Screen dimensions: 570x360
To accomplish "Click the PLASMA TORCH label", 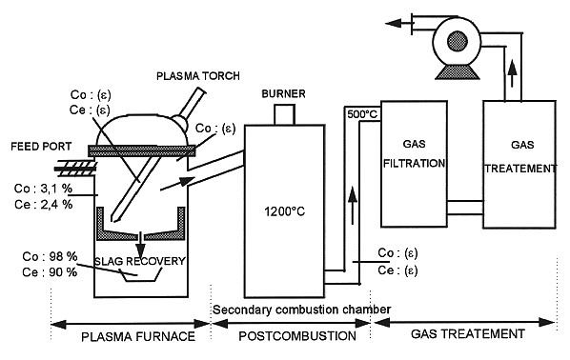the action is [198, 76].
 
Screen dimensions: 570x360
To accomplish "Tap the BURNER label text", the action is [283, 93].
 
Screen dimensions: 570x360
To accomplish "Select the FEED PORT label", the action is [41, 147].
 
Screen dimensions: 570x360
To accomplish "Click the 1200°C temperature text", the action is [285, 211].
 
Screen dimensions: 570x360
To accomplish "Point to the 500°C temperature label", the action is [362, 114].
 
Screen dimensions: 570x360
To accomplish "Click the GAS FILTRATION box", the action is [414, 164].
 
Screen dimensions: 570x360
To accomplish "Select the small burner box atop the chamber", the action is [284, 115].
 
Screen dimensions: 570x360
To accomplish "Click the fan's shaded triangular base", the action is [458, 72].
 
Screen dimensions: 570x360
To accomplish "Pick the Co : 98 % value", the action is [50, 256].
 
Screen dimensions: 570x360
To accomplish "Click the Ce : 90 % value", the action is [50, 272].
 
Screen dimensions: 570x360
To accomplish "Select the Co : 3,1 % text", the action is [43, 189].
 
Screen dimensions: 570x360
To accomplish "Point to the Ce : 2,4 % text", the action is [44, 205].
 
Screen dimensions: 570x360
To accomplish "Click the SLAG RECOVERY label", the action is [140, 261].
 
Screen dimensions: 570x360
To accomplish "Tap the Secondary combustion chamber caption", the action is [302, 310].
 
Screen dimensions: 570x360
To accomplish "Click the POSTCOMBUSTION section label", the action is [297, 336].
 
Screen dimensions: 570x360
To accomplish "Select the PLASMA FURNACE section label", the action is [138, 337].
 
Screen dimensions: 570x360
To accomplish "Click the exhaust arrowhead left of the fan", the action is [393, 24].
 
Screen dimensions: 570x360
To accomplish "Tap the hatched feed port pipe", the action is [75, 168].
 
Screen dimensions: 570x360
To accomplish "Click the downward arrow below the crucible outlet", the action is [141, 245].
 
